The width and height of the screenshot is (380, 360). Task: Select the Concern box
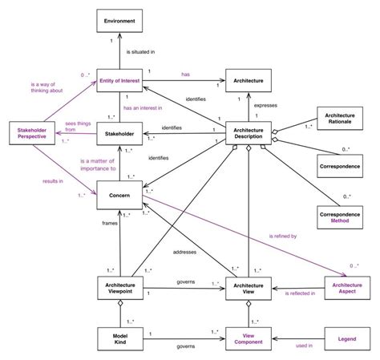(119, 193)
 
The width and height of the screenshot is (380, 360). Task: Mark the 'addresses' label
(186, 253)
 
